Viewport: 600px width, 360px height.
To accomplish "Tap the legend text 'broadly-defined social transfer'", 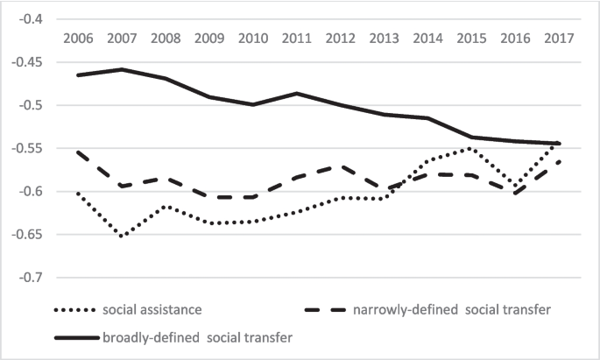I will point(196,337).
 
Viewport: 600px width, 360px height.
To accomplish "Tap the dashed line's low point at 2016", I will point(515,194).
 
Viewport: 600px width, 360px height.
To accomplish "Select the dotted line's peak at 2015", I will point(471,148).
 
